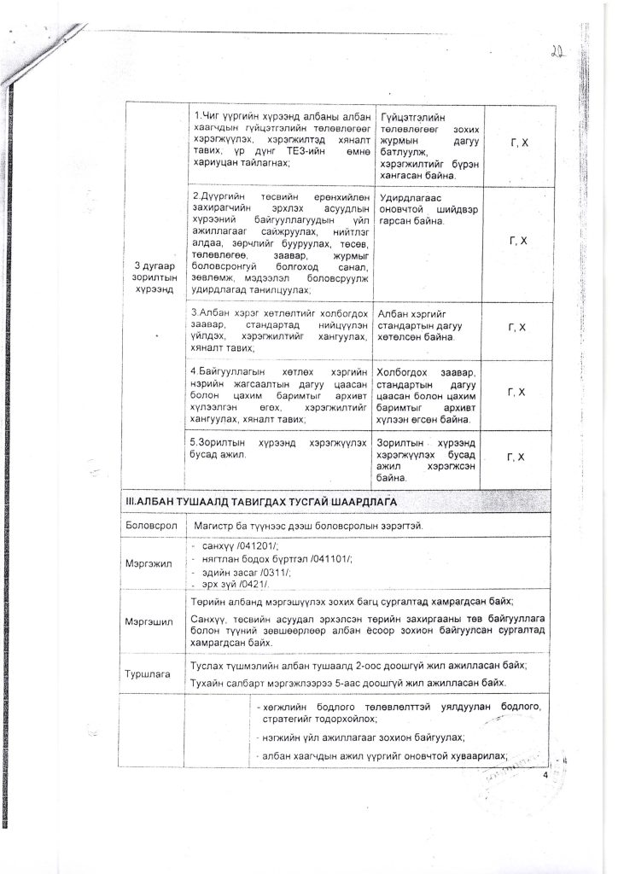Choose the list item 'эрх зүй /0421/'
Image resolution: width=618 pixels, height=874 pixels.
[x=235, y=584]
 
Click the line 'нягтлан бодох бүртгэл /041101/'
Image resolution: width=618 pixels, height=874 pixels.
[x=272, y=558]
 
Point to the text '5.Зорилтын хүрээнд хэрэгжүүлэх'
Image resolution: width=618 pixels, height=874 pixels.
[x=278, y=443]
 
